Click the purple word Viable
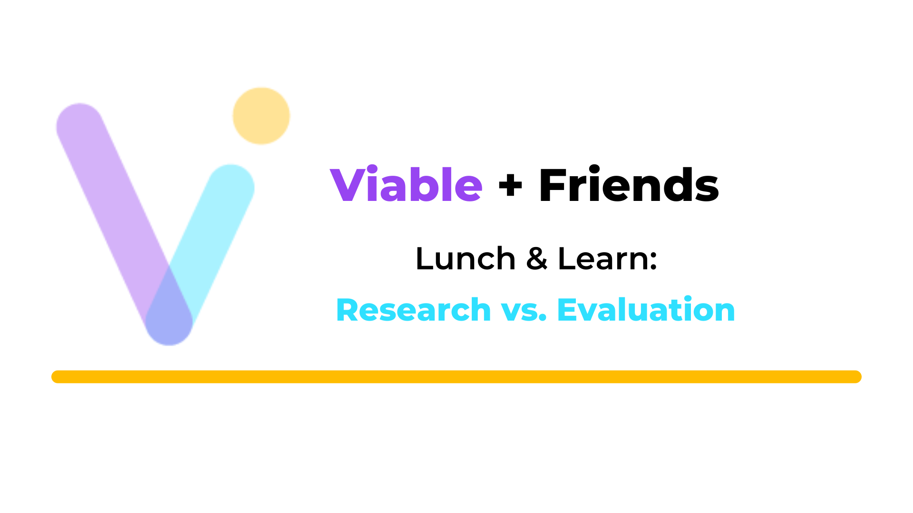pyautogui.click(x=407, y=184)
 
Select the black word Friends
pyautogui.click(x=629, y=184)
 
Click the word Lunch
pyautogui.click(x=466, y=259)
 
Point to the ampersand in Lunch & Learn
pyautogui.click(x=537, y=259)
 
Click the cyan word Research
pyautogui.click(x=413, y=310)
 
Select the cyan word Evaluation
pyautogui.click(x=646, y=310)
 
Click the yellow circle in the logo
pyautogui.click(x=261, y=116)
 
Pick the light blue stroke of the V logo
pyautogui.click(x=209, y=237)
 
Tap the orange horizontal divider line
pyautogui.click(x=456, y=377)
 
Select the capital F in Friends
pyautogui.click(x=553, y=184)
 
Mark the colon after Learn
pyautogui.click(x=653, y=262)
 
